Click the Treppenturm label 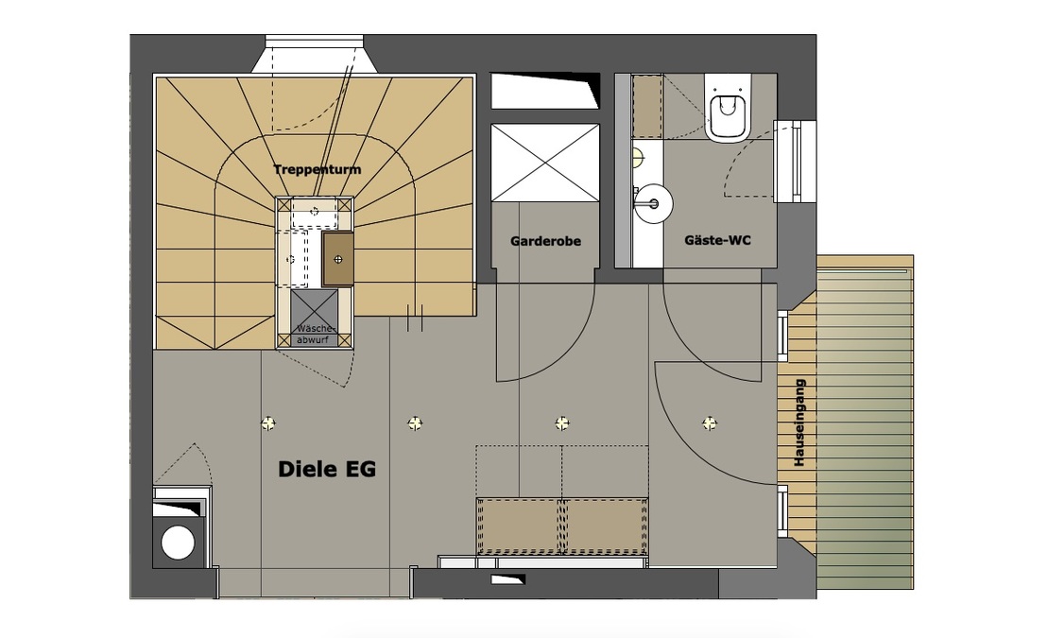tap(318, 169)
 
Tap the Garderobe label tap(545, 241)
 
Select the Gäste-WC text tap(718, 241)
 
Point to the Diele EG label tap(327, 469)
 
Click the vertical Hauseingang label tap(799, 423)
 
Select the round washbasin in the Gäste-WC tap(652, 202)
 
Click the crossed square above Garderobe tap(545, 162)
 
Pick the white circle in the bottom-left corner tap(177, 543)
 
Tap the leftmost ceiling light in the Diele tap(268, 423)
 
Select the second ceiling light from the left tap(415, 422)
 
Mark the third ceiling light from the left tap(562, 422)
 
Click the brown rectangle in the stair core tap(337, 258)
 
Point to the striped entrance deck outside tap(865, 425)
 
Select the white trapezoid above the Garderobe tap(544, 91)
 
